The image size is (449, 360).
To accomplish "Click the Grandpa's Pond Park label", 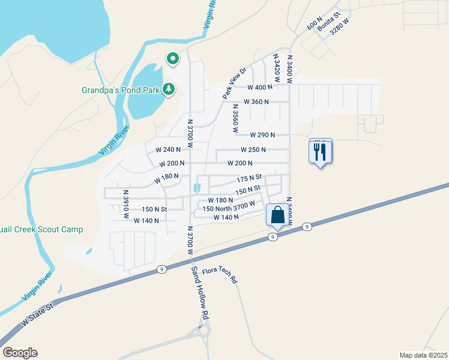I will (x=120, y=91).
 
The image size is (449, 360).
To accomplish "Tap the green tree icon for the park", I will (x=169, y=89).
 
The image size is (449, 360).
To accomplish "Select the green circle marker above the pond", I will (x=173, y=58).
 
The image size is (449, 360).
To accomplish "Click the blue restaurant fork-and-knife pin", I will (x=320, y=152).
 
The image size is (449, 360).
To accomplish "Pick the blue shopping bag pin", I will (x=277, y=215).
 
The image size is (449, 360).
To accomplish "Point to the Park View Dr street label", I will (x=235, y=83).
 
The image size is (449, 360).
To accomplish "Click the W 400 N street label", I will (x=260, y=87).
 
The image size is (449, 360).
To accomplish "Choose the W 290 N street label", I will (x=262, y=135).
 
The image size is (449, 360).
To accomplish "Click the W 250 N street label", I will (x=253, y=149).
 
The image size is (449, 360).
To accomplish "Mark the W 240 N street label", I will (x=168, y=149).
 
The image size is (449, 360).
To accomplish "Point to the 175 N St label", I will (x=250, y=178).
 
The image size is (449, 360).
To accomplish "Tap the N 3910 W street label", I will (x=126, y=204).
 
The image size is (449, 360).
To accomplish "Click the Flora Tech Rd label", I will (x=221, y=275).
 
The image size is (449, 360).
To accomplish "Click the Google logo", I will (x=20, y=353).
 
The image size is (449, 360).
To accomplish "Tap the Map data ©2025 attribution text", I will (x=423, y=355).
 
